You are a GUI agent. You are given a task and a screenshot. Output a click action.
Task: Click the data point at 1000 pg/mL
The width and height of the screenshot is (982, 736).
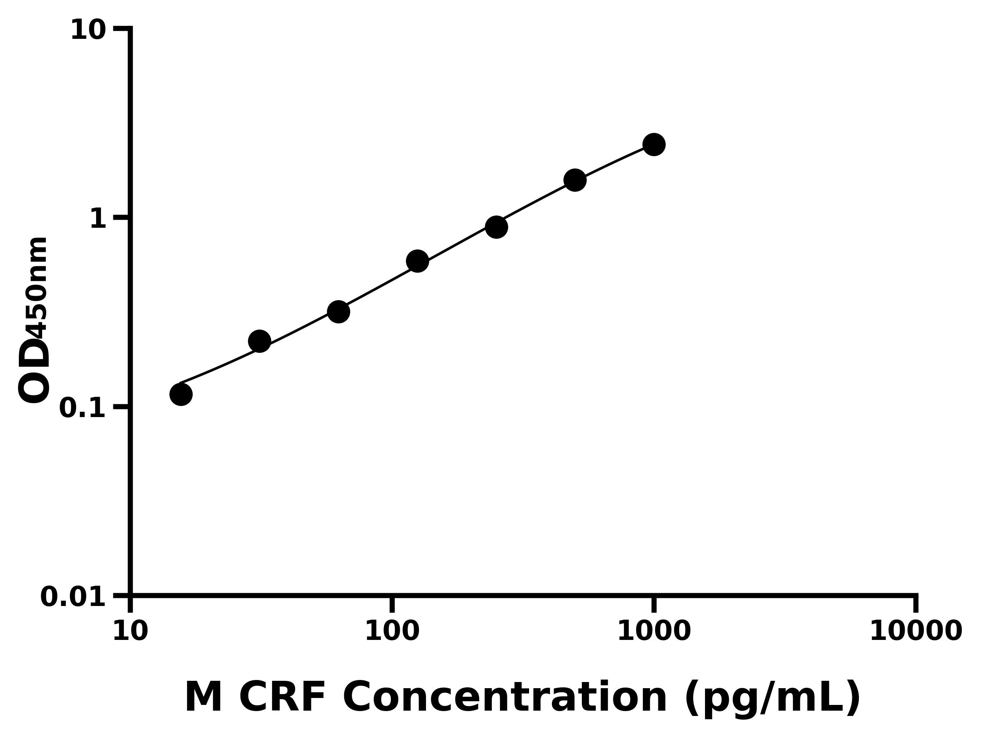point(653,145)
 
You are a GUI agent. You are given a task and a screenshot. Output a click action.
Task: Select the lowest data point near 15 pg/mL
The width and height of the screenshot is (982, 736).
point(181,394)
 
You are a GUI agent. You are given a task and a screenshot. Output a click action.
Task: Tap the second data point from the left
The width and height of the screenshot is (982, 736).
point(259,341)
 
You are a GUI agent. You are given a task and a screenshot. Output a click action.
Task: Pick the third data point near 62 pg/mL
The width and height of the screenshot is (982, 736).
point(338,312)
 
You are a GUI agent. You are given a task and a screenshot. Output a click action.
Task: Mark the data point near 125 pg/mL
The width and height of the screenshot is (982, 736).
point(417,261)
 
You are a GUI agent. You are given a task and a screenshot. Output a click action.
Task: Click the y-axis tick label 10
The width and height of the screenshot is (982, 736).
point(88,31)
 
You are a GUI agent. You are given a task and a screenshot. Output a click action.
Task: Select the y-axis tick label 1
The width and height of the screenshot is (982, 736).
point(98,219)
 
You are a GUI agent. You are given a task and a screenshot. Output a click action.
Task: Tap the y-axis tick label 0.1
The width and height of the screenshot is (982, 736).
point(83,408)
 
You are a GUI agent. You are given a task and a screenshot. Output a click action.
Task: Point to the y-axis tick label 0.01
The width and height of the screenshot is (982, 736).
point(73,597)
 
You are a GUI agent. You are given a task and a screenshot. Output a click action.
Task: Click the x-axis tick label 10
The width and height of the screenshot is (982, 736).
point(130,631)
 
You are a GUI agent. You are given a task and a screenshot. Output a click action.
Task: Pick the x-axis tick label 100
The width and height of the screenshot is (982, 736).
point(392,631)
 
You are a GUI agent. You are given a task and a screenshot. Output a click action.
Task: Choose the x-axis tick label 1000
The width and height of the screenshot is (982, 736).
point(654,631)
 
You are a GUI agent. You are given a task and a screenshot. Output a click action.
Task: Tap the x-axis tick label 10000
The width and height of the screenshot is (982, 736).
point(915,631)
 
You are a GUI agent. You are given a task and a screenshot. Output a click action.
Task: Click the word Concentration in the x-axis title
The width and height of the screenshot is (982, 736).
point(505,698)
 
